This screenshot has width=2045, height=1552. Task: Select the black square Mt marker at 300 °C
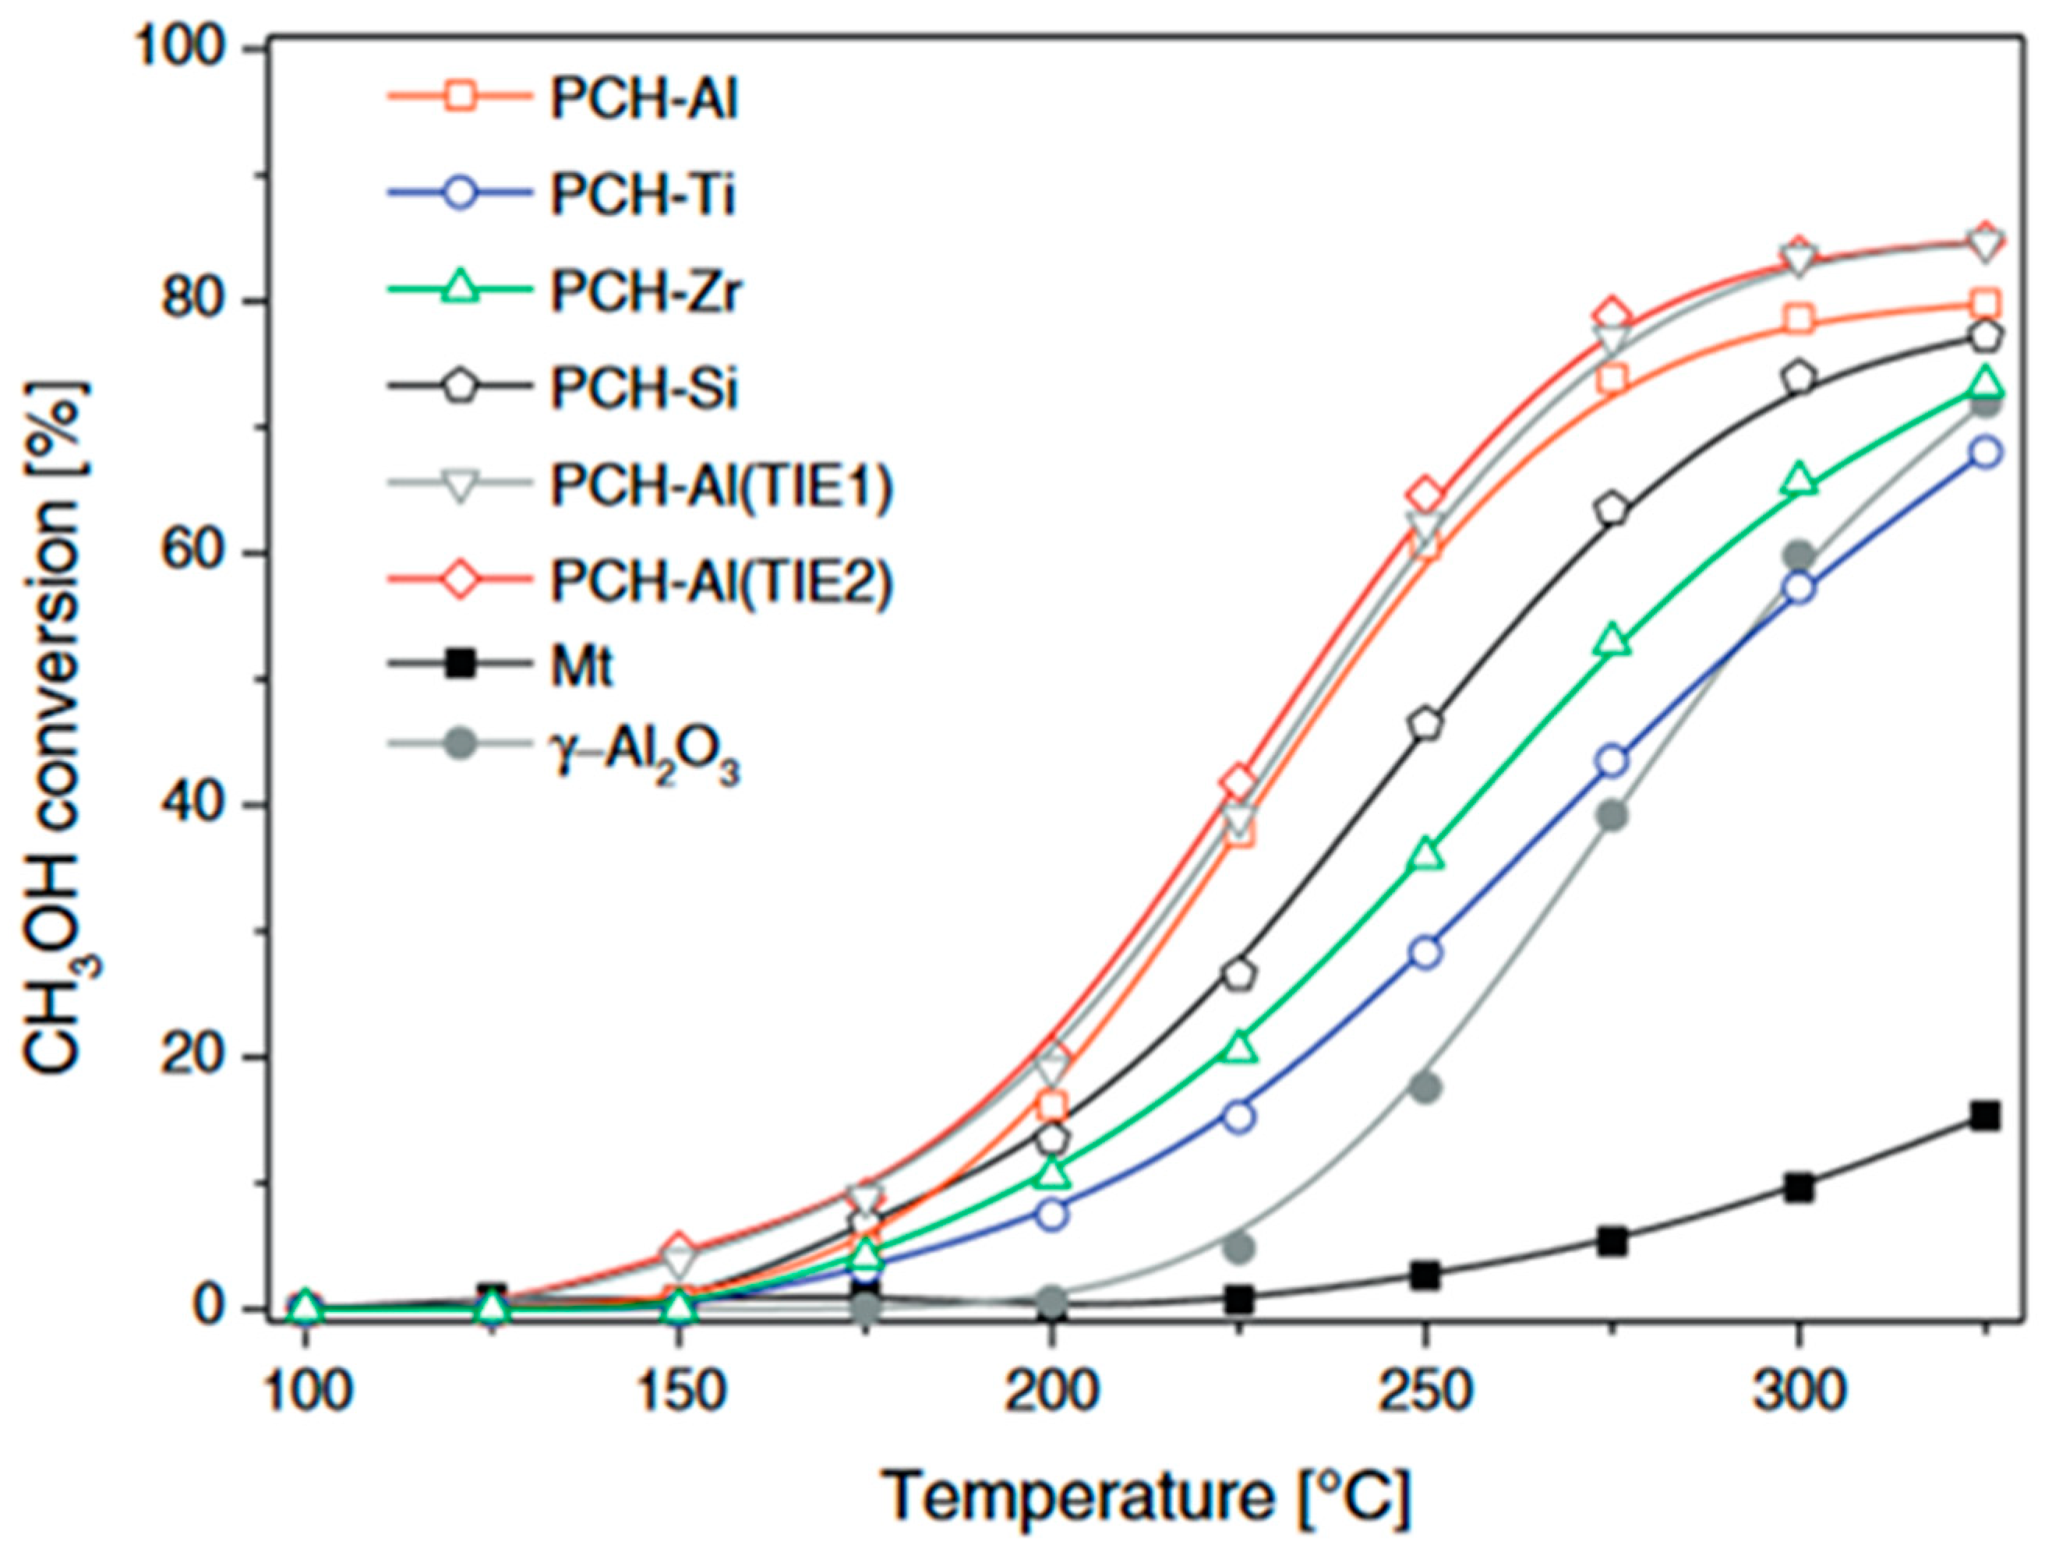[1798, 1188]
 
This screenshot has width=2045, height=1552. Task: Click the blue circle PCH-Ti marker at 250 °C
[1425, 952]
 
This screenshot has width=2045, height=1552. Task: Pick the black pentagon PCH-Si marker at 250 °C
[1425, 725]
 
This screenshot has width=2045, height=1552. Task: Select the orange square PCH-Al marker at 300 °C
[1798, 320]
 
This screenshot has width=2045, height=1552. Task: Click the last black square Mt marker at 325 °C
[1985, 1116]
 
